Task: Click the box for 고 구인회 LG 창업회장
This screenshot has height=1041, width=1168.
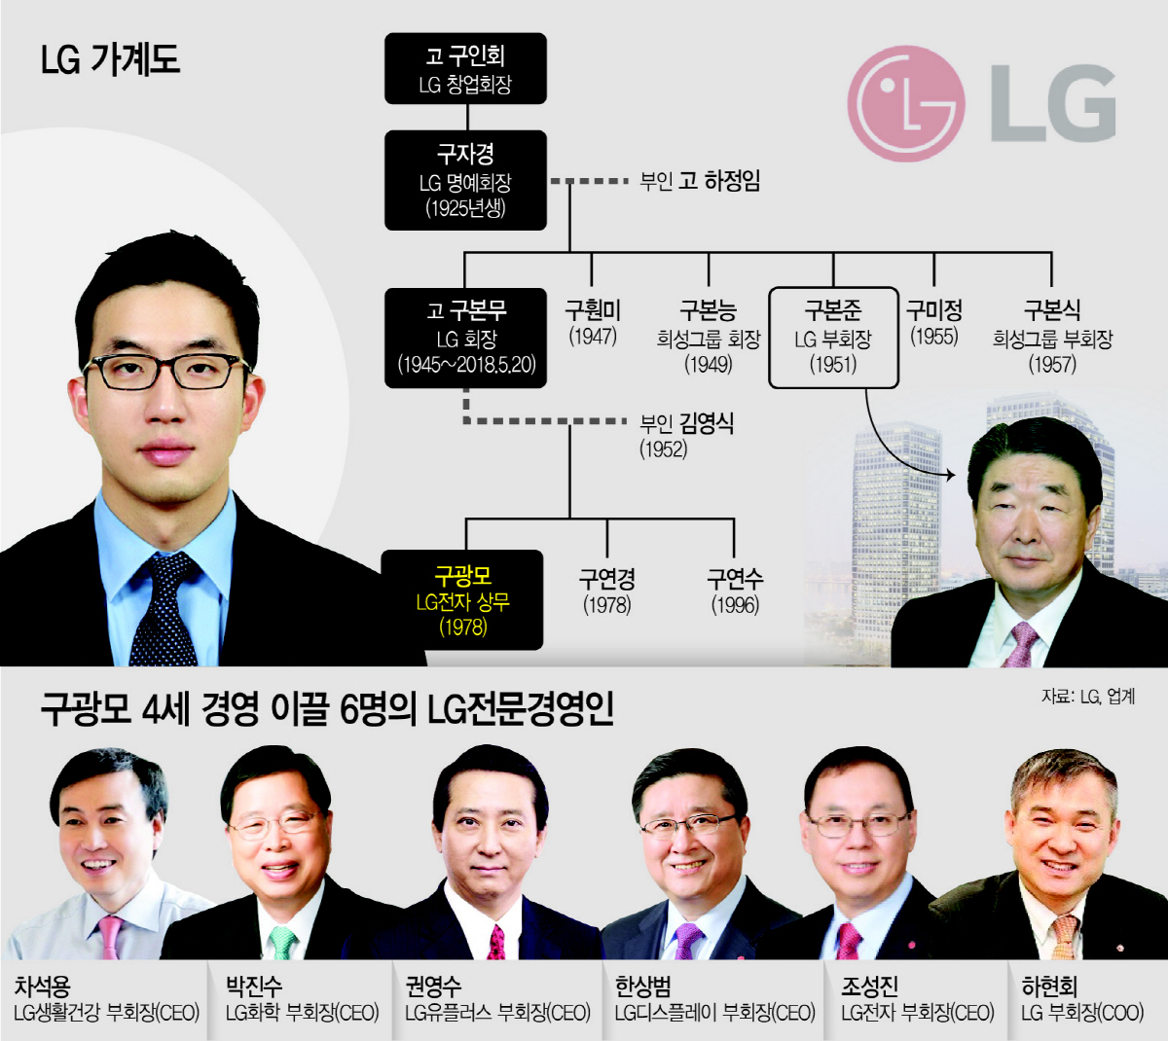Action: coord(465,68)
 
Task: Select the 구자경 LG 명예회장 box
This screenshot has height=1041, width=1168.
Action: coord(465,180)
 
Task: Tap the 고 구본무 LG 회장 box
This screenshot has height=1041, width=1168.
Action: coord(465,338)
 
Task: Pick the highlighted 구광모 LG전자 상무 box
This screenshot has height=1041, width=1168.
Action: coord(462,600)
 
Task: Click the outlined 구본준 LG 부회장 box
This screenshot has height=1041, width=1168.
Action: coord(832,338)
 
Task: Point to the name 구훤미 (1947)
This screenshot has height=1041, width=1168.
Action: coord(592,323)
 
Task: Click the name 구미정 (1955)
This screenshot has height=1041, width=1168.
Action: coord(933,323)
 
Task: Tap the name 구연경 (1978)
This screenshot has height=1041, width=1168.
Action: coord(606,591)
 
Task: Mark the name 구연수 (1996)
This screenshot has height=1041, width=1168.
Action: coord(734,591)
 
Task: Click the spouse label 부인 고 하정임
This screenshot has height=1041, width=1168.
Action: coord(699,181)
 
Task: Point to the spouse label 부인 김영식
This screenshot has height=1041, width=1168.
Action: coord(685,434)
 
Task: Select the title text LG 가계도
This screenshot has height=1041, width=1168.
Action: coord(110,60)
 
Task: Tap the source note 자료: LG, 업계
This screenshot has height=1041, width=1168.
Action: coord(1087,697)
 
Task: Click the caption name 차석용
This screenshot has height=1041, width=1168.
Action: coord(43,987)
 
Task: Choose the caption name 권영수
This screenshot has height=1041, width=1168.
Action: coord(433,987)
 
